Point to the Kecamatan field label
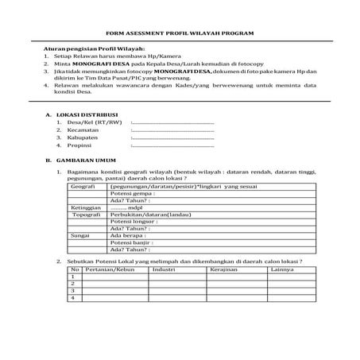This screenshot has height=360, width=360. (x=83, y=131)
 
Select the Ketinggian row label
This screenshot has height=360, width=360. (x=87, y=207)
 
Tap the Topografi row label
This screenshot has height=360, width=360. (x=87, y=215)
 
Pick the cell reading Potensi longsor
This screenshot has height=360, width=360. (x=134, y=222)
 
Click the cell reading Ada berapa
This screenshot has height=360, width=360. (x=128, y=235)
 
